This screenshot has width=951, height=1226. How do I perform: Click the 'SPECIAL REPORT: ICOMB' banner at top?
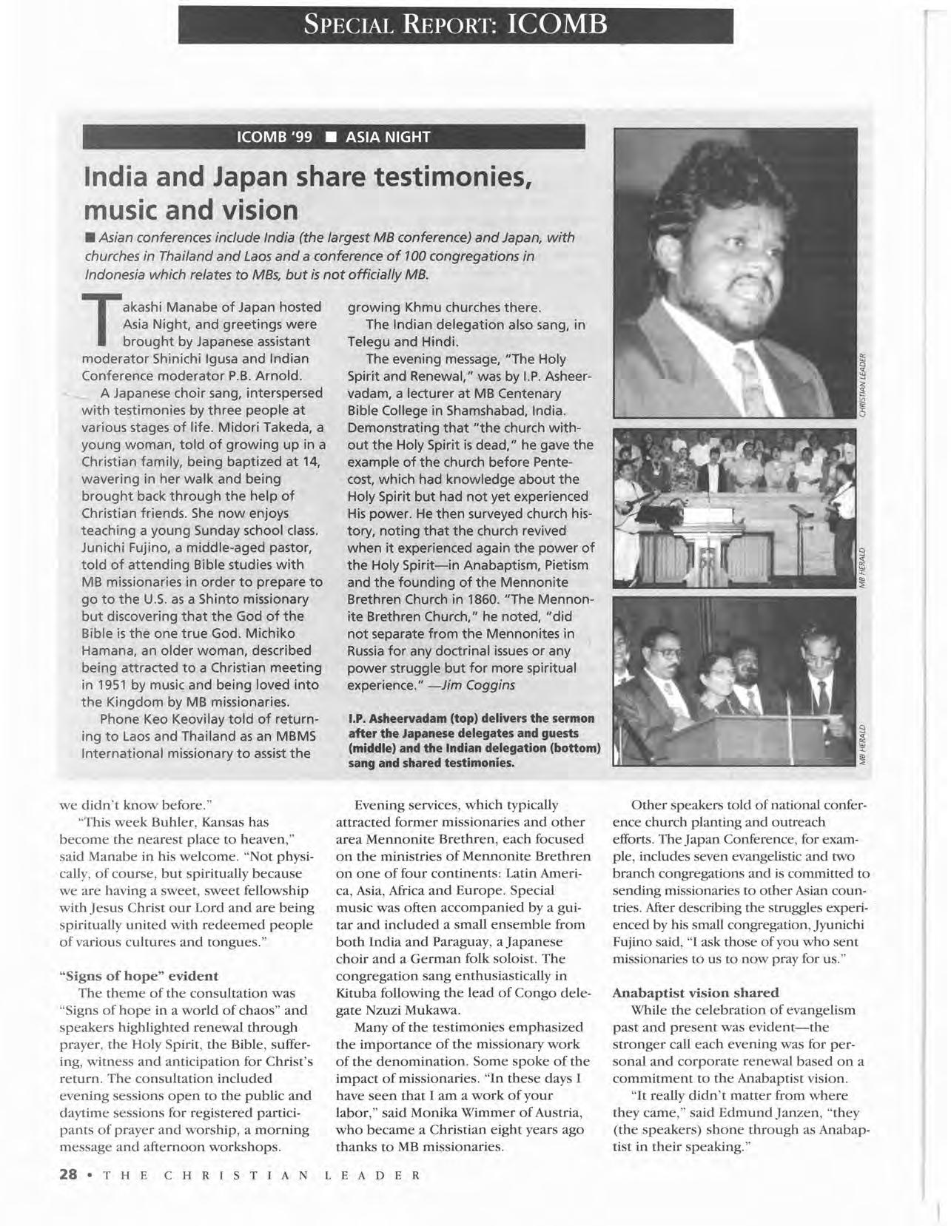pyautogui.click(x=455, y=25)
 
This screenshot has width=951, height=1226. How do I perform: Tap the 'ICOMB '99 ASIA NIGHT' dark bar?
pyautogui.click(x=333, y=138)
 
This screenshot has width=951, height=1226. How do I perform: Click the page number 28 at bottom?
pyautogui.click(x=69, y=1175)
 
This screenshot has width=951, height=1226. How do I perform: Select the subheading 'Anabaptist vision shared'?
pyautogui.click(x=696, y=992)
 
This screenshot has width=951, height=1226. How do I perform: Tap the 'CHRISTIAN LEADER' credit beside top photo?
pyautogui.click(x=862, y=385)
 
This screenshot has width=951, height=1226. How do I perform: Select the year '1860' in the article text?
pyautogui.click(x=542, y=582)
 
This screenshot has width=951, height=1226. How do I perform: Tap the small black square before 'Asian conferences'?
pyautogui.click(x=89, y=238)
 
